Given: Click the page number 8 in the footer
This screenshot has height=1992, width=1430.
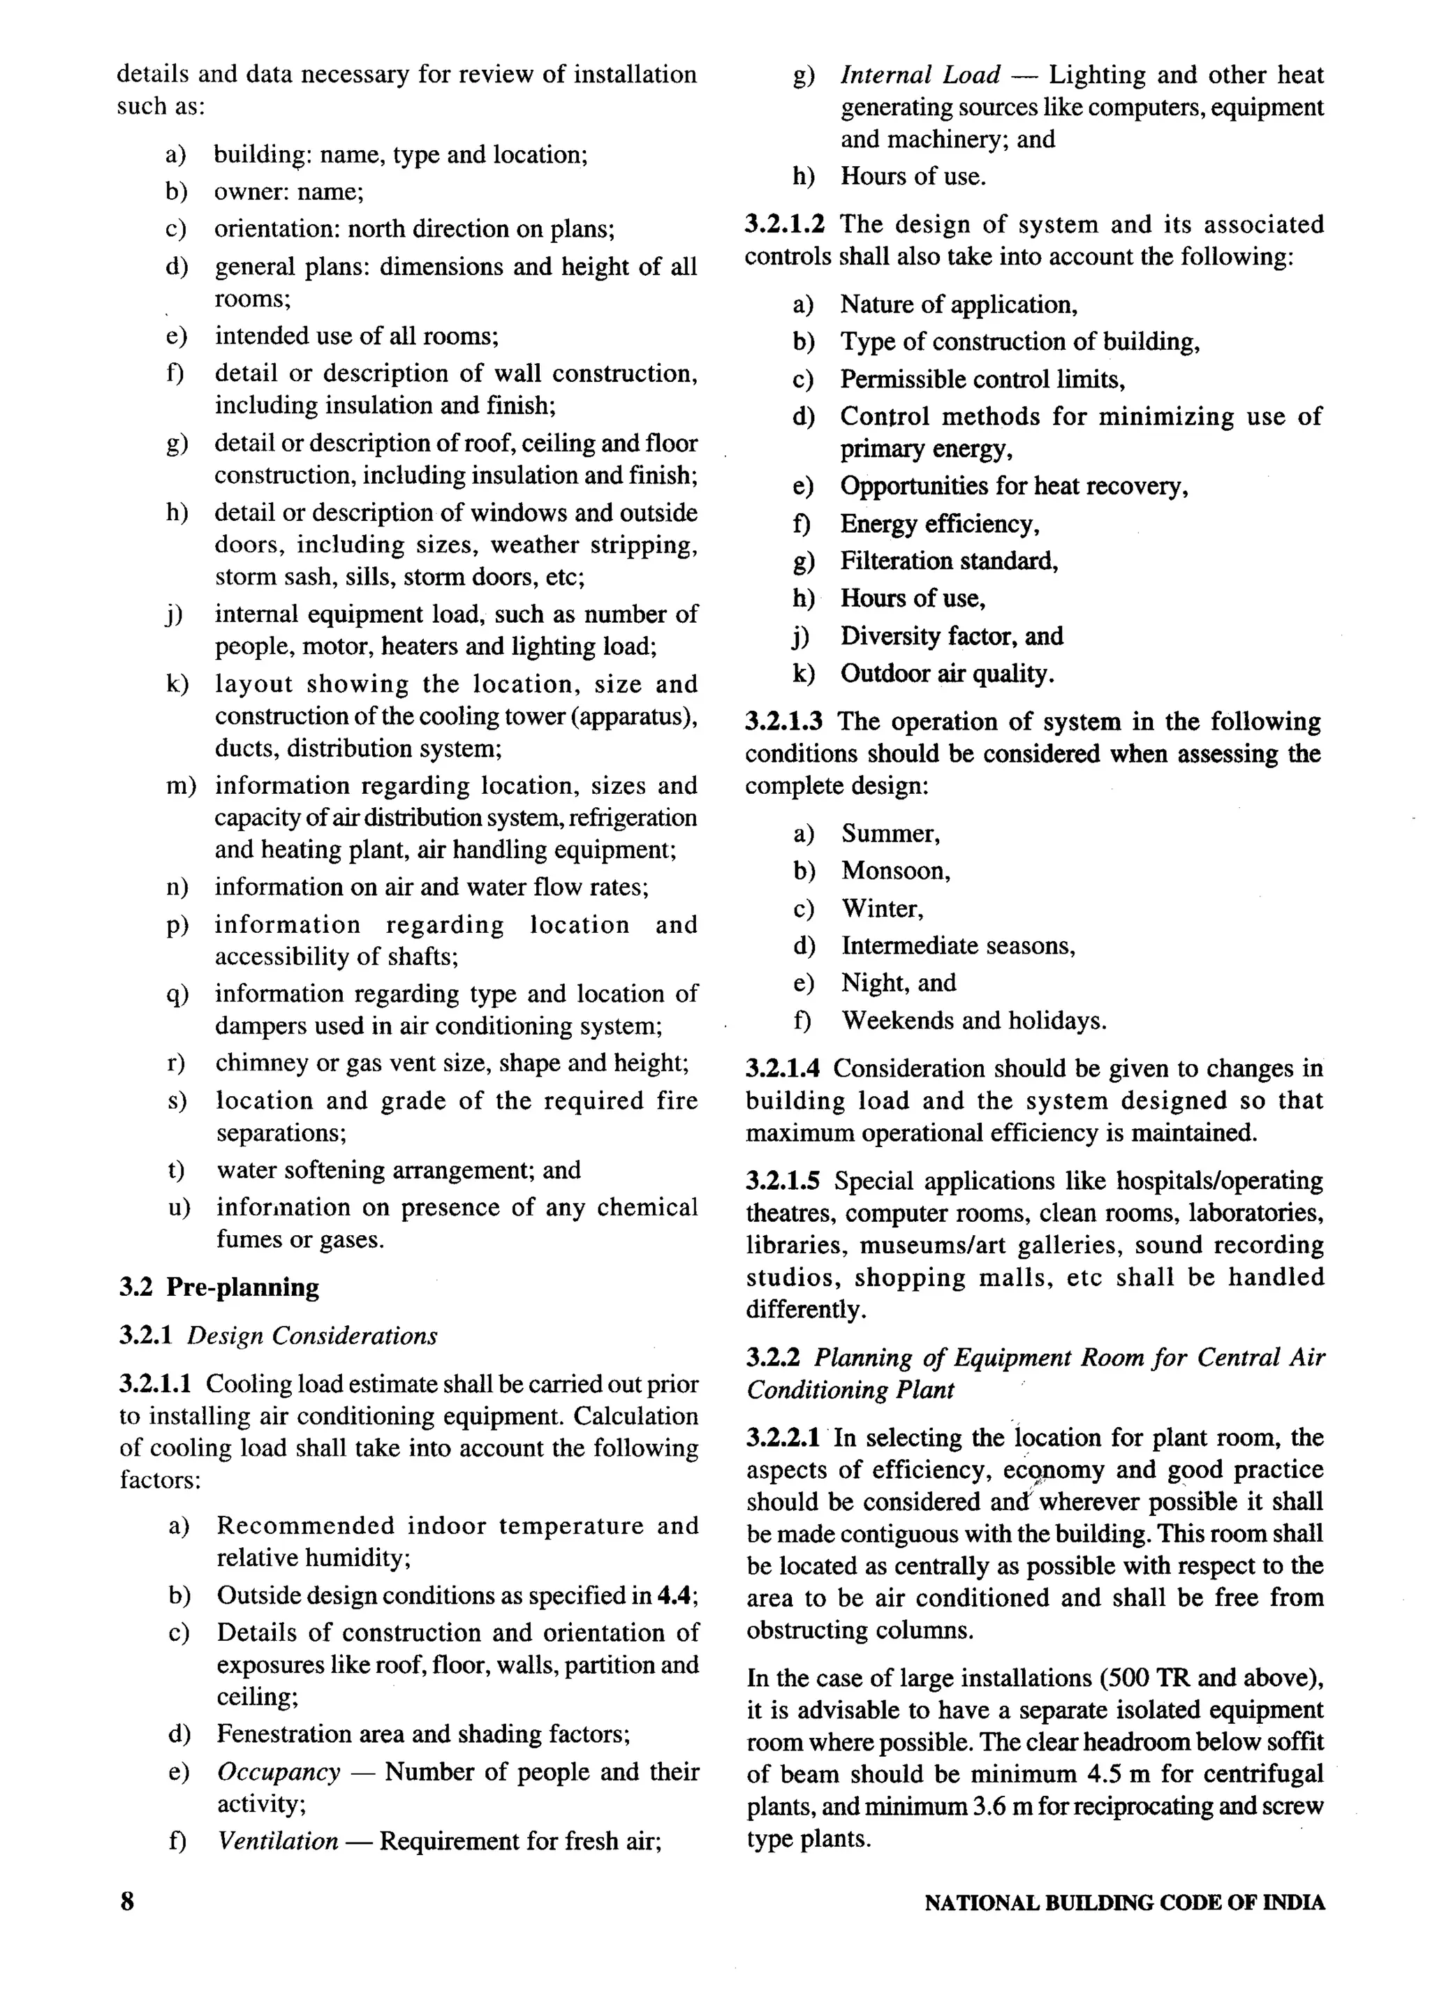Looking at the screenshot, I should point(127,1901).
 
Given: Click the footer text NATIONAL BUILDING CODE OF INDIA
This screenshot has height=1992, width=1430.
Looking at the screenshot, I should point(1124,1903).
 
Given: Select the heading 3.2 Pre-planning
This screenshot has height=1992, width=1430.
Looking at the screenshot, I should point(219,1288).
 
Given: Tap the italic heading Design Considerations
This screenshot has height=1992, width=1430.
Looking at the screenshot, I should point(312,1336).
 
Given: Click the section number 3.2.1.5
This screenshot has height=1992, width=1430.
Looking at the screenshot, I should point(783,1181).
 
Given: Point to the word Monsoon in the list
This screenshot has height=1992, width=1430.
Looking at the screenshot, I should point(894,871).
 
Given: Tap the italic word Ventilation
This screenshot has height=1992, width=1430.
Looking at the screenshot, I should point(278,1841).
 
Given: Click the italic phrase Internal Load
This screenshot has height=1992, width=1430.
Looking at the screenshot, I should point(920,75).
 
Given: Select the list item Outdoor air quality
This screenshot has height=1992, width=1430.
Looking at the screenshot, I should point(947,674).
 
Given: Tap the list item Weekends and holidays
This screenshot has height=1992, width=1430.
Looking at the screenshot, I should point(973,1021).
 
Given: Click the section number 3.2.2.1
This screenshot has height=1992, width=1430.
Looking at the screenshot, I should point(783,1438).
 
